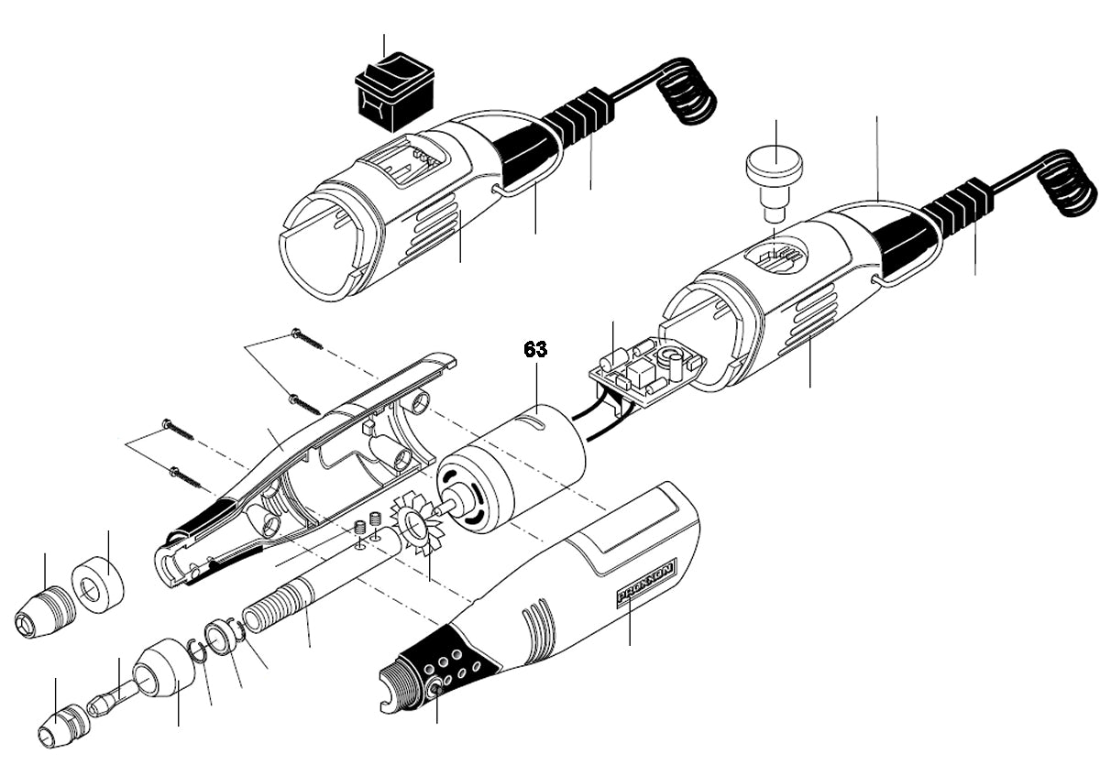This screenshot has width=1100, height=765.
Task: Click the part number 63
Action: coord(535,349)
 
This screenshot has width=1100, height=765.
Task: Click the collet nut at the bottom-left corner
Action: coord(60,726)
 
